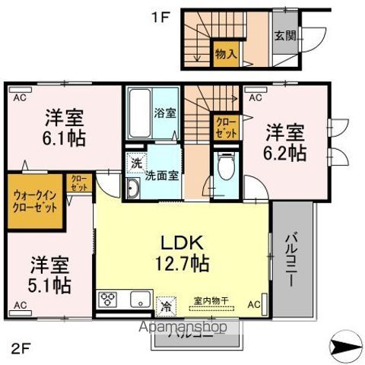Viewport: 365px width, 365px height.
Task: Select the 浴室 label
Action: pyautogui.click(x=165, y=113)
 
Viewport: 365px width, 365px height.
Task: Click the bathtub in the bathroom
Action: pyautogui.click(x=140, y=113)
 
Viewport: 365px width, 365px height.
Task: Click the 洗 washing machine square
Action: pyautogui.click(x=135, y=163)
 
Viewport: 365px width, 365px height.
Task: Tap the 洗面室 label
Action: pyautogui.click(x=163, y=173)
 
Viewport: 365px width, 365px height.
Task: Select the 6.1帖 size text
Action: pyautogui.click(x=64, y=139)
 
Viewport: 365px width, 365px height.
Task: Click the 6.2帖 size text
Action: pyautogui.click(x=286, y=152)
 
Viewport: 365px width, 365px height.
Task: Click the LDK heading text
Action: pyautogui.click(x=182, y=243)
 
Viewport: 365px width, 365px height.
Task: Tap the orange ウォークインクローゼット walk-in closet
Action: pyautogui.click(x=35, y=201)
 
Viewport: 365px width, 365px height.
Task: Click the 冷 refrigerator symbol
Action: pyautogui.click(x=166, y=307)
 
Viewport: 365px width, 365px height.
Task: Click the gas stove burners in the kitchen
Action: pyautogui.click(x=107, y=297)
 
